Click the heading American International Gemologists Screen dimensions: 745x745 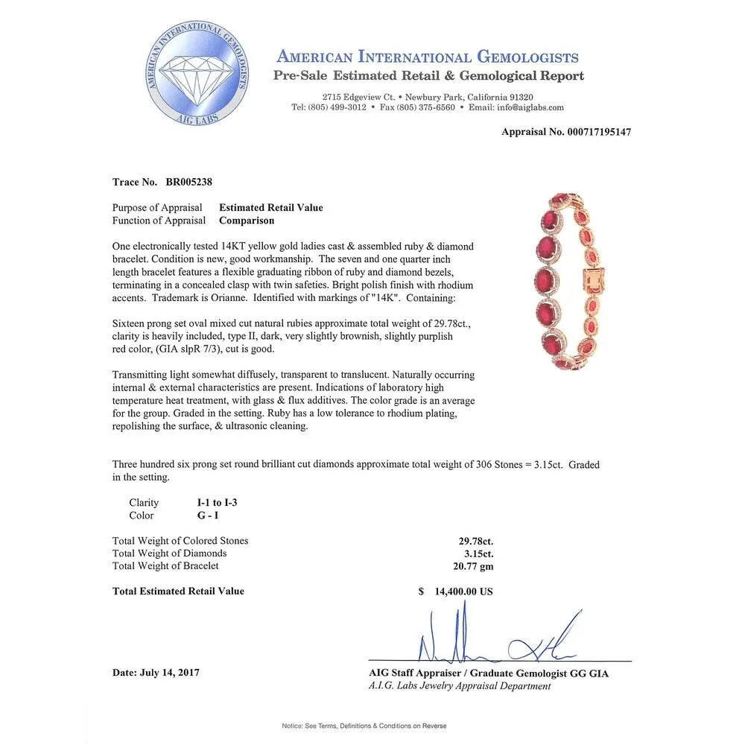[427, 57]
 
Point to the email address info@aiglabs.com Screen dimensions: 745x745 [527, 107]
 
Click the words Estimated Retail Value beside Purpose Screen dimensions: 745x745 [270, 208]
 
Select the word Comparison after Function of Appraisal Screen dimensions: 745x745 [247, 221]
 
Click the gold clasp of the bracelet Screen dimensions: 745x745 [596, 284]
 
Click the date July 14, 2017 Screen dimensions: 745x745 [156, 673]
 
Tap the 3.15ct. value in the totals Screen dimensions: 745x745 [476, 554]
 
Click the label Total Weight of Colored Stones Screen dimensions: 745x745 [180, 541]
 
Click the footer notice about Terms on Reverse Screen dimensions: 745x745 [364, 726]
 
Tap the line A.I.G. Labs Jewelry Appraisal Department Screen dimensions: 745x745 [460, 686]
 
